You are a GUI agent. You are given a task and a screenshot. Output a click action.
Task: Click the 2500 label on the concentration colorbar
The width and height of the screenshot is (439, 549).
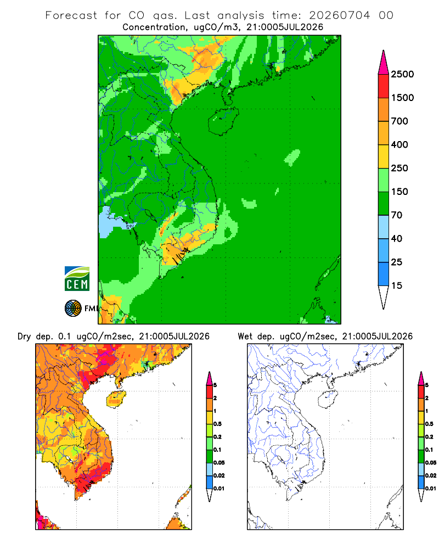pos(402,74)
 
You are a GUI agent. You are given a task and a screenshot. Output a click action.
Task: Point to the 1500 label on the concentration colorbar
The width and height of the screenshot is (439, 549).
pos(402,98)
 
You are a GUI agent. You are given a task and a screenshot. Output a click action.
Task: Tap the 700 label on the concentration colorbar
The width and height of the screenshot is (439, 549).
pos(399,121)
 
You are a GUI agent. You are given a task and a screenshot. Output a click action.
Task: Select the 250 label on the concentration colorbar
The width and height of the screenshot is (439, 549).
pos(399,168)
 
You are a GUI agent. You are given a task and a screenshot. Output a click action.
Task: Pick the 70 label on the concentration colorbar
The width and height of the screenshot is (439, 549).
pos(397,215)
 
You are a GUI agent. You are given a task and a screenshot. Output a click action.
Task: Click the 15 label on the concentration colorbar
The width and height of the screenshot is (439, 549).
pos(397,285)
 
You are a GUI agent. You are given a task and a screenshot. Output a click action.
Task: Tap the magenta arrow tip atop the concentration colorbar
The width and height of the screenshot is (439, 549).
pos(384,63)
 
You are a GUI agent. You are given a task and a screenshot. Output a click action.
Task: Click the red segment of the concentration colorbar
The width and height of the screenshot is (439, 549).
pos(384,86)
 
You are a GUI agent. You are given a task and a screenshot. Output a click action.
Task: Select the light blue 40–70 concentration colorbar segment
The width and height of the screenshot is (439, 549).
pos(384,227)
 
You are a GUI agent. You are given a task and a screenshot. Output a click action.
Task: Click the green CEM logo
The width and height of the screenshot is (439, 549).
pos(77,279)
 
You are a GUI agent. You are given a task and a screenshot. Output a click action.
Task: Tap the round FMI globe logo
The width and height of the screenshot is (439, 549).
pos(73,309)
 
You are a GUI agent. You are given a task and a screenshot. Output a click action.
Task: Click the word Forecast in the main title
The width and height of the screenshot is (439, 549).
pos(71,15)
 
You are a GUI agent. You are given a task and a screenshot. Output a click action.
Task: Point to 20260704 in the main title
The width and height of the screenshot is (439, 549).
pos(339,15)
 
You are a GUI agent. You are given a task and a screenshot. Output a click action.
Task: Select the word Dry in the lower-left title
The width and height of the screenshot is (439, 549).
pos(24,337)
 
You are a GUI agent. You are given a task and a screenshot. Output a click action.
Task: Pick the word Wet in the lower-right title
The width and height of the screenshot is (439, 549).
pos(245,337)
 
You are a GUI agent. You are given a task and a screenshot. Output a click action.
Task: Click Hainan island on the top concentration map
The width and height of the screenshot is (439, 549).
pos(223,121)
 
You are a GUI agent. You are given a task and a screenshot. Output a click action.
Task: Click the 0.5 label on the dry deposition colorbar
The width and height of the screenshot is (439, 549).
pos(217,424)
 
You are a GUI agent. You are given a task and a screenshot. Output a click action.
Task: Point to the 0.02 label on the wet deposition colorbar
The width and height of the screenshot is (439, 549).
pos(431,475)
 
